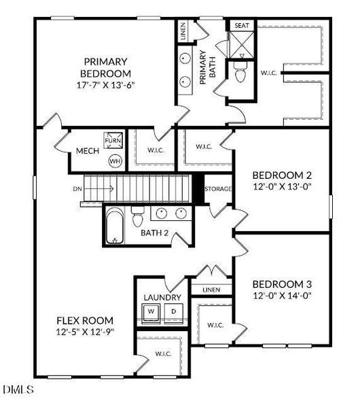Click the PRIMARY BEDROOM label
coord(107,67)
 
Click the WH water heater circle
coord(115,161)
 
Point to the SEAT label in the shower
coord(242,25)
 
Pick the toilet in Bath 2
coord(138,218)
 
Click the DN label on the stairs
coord(76,188)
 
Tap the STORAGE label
coord(218,188)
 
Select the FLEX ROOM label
coord(84,320)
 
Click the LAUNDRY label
coord(162,297)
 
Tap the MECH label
coord(88,151)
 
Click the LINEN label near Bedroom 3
coord(211,290)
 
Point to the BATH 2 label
coord(155,234)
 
